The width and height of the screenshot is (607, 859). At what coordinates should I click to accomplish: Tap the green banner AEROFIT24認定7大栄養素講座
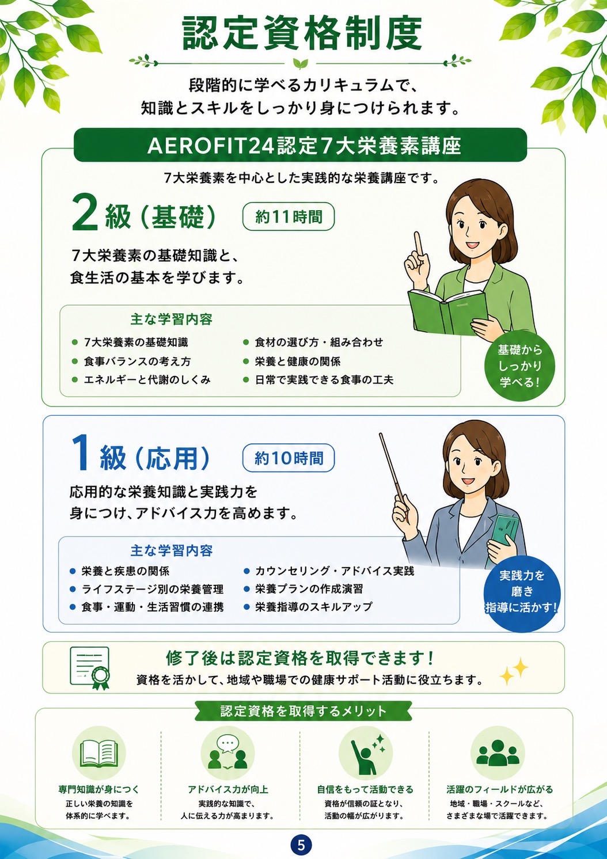click(300, 145)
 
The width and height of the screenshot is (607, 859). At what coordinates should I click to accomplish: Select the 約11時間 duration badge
click(289, 216)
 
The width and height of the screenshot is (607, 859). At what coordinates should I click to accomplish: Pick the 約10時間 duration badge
click(289, 458)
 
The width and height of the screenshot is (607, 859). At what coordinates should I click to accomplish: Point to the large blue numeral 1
click(81, 457)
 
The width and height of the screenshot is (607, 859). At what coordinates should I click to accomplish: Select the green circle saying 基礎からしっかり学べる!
click(520, 366)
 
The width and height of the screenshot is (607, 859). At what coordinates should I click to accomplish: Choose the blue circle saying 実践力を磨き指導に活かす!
click(522, 592)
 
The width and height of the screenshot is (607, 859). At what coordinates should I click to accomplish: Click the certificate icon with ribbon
click(90, 668)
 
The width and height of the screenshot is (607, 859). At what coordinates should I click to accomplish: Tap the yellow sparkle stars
click(514, 671)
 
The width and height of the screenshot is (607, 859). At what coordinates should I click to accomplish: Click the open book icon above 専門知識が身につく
click(99, 753)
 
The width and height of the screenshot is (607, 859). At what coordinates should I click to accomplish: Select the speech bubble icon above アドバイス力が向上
click(227, 752)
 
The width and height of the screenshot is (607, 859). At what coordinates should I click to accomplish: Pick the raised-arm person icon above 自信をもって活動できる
click(366, 753)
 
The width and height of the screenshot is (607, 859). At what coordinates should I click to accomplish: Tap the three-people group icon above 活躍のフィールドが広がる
click(497, 752)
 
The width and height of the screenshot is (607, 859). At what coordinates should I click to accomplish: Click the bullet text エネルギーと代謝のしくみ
click(147, 379)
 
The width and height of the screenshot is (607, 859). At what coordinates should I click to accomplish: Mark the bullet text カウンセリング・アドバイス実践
click(335, 571)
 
